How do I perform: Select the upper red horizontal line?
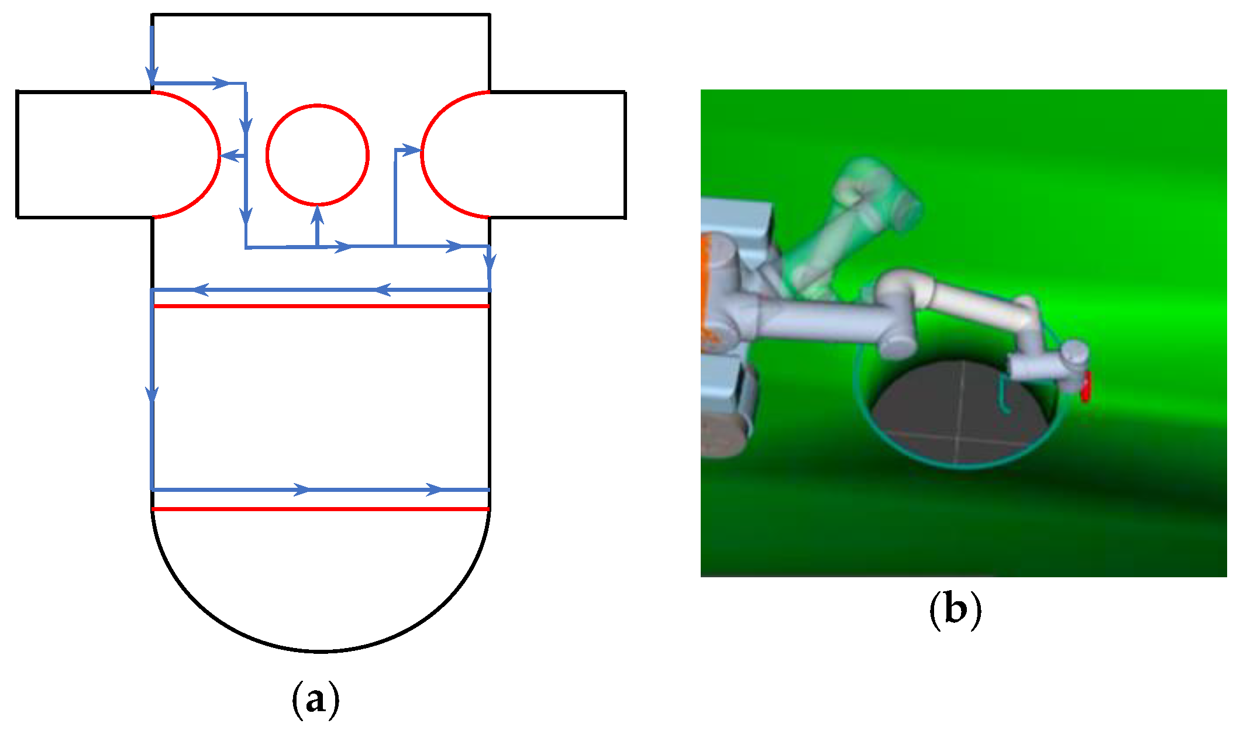(321, 306)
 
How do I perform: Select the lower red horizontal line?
(321, 509)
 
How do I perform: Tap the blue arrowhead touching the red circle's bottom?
(317, 214)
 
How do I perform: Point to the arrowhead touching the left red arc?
(231, 155)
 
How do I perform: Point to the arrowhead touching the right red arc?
(412, 151)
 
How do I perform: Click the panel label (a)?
(315, 698)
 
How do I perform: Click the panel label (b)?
(955, 610)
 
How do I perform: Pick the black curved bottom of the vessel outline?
(321, 650)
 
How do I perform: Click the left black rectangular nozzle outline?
(18, 155)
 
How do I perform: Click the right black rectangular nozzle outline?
(625, 155)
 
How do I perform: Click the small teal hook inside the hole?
(1004, 398)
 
